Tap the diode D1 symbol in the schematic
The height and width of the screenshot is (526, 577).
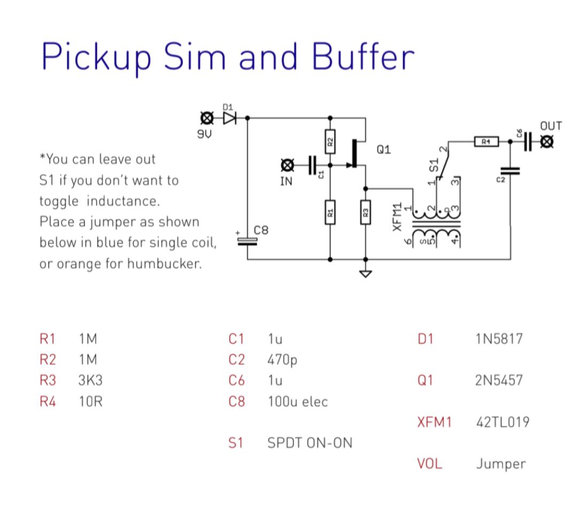point(230,118)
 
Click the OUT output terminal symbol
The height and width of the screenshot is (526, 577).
point(547,142)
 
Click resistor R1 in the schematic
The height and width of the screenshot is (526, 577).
point(330,213)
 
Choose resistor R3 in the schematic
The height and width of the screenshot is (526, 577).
point(365,213)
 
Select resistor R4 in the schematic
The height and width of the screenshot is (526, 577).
point(486,142)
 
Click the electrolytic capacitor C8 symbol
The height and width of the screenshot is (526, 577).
point(247,241)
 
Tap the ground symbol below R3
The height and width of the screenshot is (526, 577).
point(365,274)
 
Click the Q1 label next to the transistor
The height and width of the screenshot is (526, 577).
point(384,150)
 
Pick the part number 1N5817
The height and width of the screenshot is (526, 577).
point(499,338)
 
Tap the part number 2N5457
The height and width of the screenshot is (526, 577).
point(499,380)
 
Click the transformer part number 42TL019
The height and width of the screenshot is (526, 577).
point(502,422)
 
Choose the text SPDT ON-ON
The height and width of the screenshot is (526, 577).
point(309,443)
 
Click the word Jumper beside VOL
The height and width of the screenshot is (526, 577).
point(501,463)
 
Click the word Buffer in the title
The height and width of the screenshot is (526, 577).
point(363,57)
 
